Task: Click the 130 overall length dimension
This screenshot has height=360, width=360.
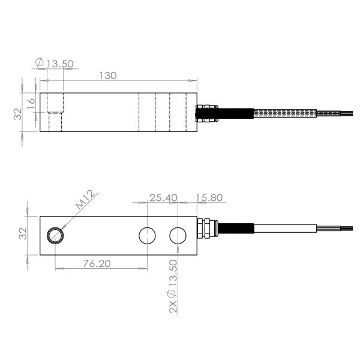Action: [x=107, y=76]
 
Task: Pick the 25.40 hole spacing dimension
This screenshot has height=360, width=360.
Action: [x=163, y=197]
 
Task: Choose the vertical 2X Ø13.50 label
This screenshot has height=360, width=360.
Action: [x=173, y=287]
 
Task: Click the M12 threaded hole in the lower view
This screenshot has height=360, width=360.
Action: [x=56, y=235]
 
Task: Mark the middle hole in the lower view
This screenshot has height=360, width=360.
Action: [x=147, y=236]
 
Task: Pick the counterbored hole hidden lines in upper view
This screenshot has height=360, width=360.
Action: [x=55, y=112]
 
